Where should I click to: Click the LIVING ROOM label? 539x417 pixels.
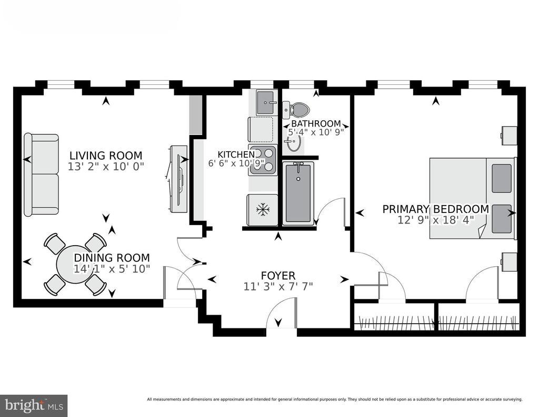(106, 156)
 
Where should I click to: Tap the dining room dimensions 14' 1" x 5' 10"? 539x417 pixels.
(112, 269)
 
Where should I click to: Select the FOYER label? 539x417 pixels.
(278, 276)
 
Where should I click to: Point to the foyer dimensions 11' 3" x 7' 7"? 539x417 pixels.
(278, 286)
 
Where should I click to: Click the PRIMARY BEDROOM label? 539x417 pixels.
(435, 209)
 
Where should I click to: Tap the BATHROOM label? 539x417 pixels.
(316, 123)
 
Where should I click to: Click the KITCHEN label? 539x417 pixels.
(236, 154)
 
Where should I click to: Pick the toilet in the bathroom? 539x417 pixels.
(296, 109)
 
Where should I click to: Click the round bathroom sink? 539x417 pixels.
(294, 142)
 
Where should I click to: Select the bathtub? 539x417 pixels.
(298, 193)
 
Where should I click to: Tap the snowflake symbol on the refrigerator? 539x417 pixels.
(263, 209)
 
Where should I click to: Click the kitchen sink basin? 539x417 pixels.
(267, 102)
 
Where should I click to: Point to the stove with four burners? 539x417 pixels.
(263, 160)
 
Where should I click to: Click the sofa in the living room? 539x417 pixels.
(41, 175)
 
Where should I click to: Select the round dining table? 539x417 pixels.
(74, 264)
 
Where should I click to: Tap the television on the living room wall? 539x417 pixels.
(179, 179)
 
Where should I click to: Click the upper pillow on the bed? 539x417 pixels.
(502, 178)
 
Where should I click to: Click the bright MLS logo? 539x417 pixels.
(34, 405)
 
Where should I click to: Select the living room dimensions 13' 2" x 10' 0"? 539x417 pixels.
(106, 167)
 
